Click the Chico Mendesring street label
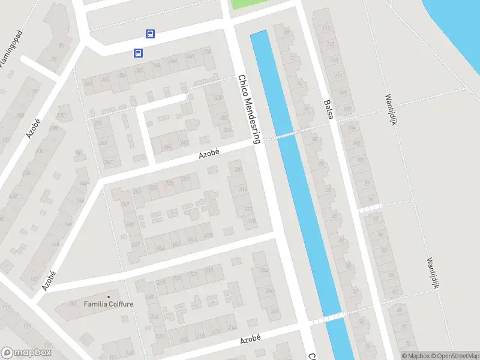coord(250,109)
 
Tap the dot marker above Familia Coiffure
coord(109,296)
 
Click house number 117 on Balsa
coord(326,28)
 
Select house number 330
coord(218,98)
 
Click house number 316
coord(243,190)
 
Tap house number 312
coord(248,209)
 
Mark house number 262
coord(167,146)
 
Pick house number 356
coord(122,76)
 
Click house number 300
coord(269,290)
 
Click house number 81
coord(61,46)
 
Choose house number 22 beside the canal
coord(314,139)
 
